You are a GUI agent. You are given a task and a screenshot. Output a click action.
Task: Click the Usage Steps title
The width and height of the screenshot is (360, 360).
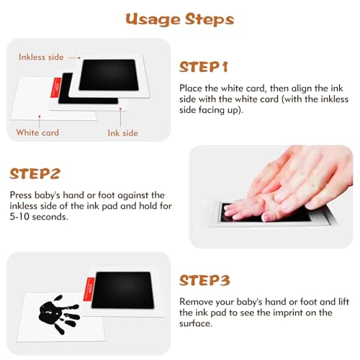pyautogui.click(x=180, y=19)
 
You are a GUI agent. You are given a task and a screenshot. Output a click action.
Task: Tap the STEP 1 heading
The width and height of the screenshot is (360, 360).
pyautogui.click(x=203, y=67)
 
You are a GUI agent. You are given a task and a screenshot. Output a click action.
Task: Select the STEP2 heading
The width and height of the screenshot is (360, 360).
pyautogui.click(x=35, y=174)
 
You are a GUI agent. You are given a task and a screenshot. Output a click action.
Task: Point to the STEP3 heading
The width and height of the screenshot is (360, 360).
pyautogui.click(x=204, y=280)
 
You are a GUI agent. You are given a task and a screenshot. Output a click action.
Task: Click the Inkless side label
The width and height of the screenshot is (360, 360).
pyautogui.click(x=41, y=57)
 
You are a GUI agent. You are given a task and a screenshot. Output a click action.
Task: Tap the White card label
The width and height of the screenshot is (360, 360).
pyautogui.click(x=37, y=132)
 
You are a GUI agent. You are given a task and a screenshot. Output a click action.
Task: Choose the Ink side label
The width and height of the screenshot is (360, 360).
pyautogui.click(x=123, y=133)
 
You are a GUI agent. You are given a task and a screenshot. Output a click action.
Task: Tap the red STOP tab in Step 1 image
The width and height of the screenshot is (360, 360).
pyautogui.click(x=56, y=88)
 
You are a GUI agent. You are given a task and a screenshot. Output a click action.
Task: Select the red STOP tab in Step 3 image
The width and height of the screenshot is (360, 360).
pyautogui.click(x=89, y=289)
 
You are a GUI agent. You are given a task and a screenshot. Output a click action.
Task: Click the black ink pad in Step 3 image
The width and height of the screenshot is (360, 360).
pyautogui.click(x=122, y=290)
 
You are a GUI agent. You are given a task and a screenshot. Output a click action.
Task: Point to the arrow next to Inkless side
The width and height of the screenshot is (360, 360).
pyautogui.click(x=74, y=58)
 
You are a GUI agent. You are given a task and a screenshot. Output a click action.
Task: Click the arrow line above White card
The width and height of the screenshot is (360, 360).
pyautogui.click(x=40, y=122)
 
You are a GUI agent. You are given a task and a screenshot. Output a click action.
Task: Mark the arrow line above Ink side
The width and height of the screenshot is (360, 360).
pyautogui.click(x=120, y=117)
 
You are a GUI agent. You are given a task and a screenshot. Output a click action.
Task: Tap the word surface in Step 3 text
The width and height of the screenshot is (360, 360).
pyautogui.click(x=196, y=323)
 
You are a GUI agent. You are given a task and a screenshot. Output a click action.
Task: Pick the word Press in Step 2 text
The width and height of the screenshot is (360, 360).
pyautogui.click(x=21, y=195)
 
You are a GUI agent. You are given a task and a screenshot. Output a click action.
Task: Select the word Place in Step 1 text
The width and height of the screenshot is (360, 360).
pyautogui.click(x=191, y=89)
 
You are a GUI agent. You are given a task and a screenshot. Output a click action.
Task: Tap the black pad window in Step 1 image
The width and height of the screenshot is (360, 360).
pyautogui.click(x=109, y=75)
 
